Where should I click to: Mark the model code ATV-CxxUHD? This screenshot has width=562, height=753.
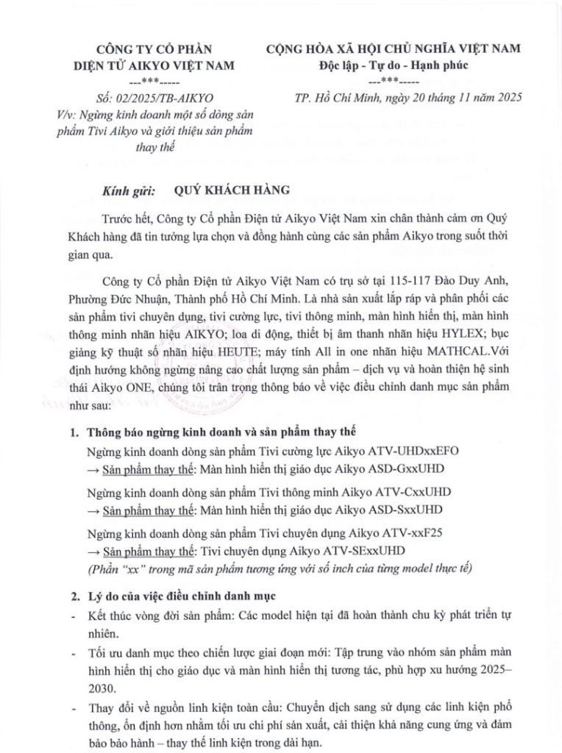(x=413, y=490)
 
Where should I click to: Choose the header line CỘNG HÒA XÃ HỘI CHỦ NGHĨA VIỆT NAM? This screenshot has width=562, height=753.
(x=394, y=49)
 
